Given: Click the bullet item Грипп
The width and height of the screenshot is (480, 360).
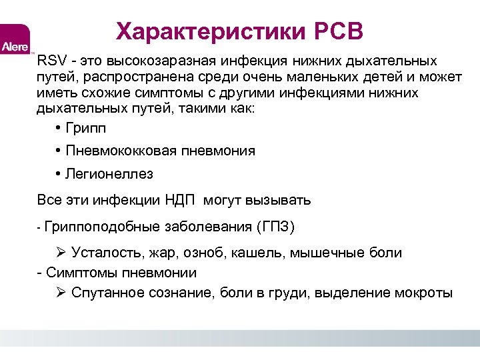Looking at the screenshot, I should pos(85,128).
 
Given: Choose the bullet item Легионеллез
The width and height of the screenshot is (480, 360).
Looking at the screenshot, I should pos(109,174).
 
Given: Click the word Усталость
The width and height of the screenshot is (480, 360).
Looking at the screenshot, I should pos(103,253).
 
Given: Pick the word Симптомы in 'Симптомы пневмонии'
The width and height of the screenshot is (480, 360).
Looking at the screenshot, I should pos(78,273).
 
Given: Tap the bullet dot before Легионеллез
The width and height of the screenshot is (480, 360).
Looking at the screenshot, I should pos(59,174).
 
